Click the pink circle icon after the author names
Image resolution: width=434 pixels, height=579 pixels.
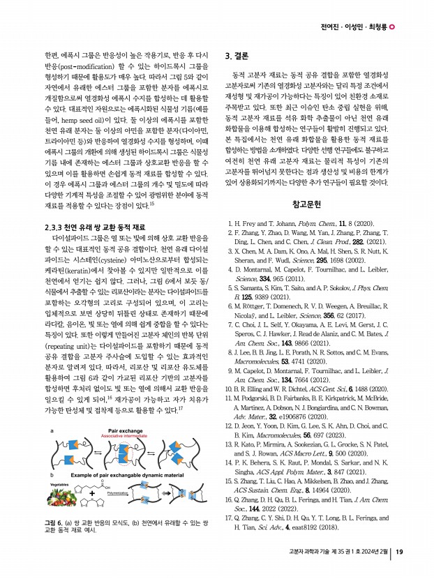pyautogui.click(x=391, y=27)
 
